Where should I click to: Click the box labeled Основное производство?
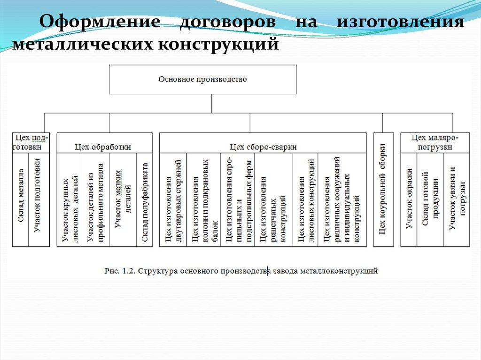click(202, 80)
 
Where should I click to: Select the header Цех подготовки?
click(31, 142)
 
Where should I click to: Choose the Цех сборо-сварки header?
click(263, 147)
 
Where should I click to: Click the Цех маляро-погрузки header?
click(434, 142)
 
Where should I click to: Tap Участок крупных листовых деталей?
click(70, 209)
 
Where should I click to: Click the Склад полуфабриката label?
click(145, 203)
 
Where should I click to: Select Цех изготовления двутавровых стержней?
click(173, 203)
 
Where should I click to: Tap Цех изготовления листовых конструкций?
click(306, 203)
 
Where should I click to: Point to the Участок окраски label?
click(409, 198)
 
